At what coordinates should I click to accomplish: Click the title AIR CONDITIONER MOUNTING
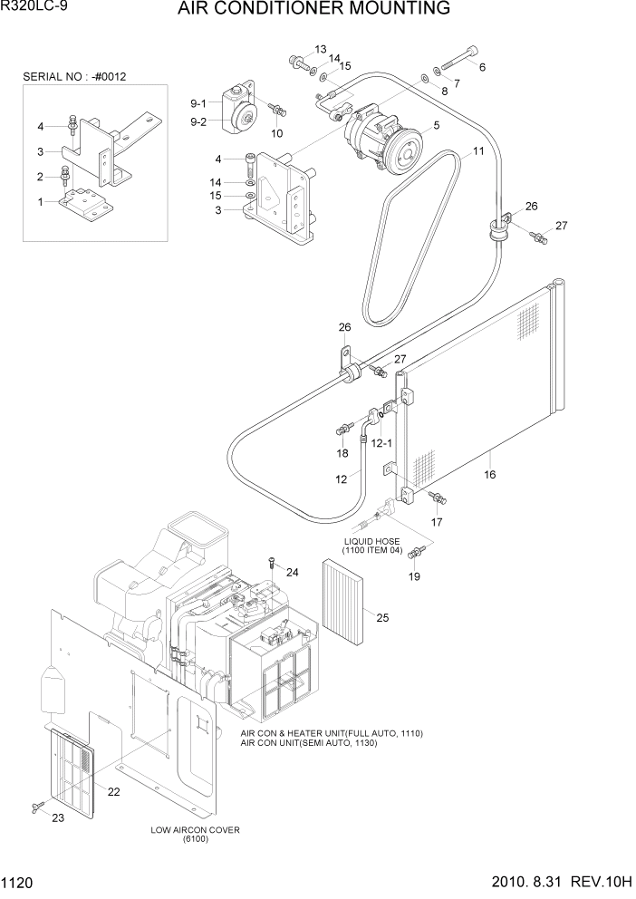313,10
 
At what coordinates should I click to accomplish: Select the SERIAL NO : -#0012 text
74,77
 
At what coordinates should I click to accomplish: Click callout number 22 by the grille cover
113,792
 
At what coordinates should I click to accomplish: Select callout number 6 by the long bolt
482,67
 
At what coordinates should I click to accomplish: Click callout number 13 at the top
320,48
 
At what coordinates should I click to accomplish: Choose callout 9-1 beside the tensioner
198,102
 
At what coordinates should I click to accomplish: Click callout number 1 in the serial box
40,201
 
